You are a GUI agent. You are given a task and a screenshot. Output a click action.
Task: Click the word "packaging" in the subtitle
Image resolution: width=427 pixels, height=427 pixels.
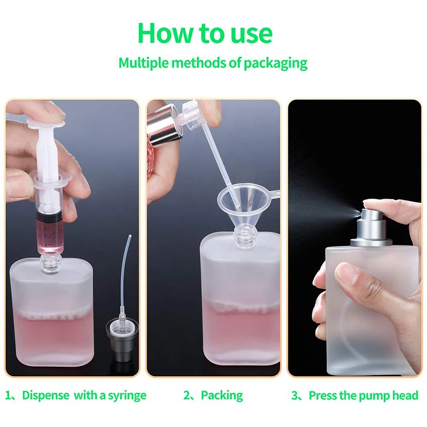[x=275, y=64]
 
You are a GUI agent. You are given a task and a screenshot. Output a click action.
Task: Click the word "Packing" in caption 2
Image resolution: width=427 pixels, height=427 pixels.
[x=222, y=396]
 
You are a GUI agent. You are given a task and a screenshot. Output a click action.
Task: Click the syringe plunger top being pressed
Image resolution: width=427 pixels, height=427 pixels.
[x=45, y=124]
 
